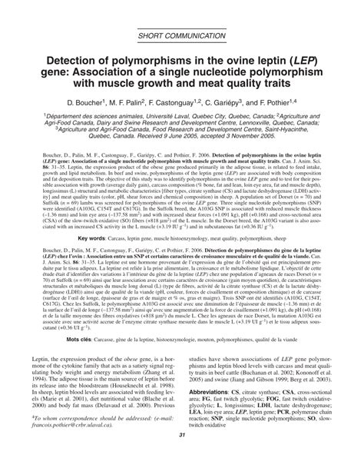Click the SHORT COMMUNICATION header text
[183, 35]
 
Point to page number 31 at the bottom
[182, 459]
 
